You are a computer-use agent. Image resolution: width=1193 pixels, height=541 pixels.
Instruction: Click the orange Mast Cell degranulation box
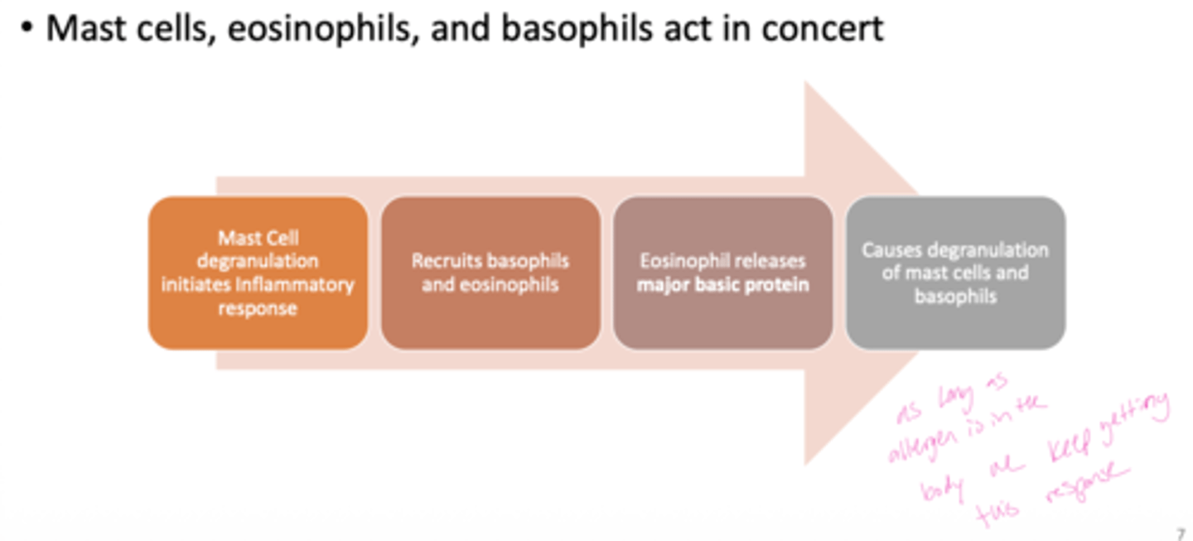click(258, 273)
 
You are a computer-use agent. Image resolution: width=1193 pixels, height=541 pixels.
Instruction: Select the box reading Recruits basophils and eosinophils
click(490, 273)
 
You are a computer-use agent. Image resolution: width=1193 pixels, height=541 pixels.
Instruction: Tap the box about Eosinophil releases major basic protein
click(722, 273)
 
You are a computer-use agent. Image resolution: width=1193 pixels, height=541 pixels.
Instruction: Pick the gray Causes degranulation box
click(955, 273)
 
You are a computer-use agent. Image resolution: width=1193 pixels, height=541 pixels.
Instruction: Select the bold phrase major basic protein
click(722, 285)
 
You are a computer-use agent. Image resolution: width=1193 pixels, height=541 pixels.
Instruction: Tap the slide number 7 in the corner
click(1181, 534)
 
